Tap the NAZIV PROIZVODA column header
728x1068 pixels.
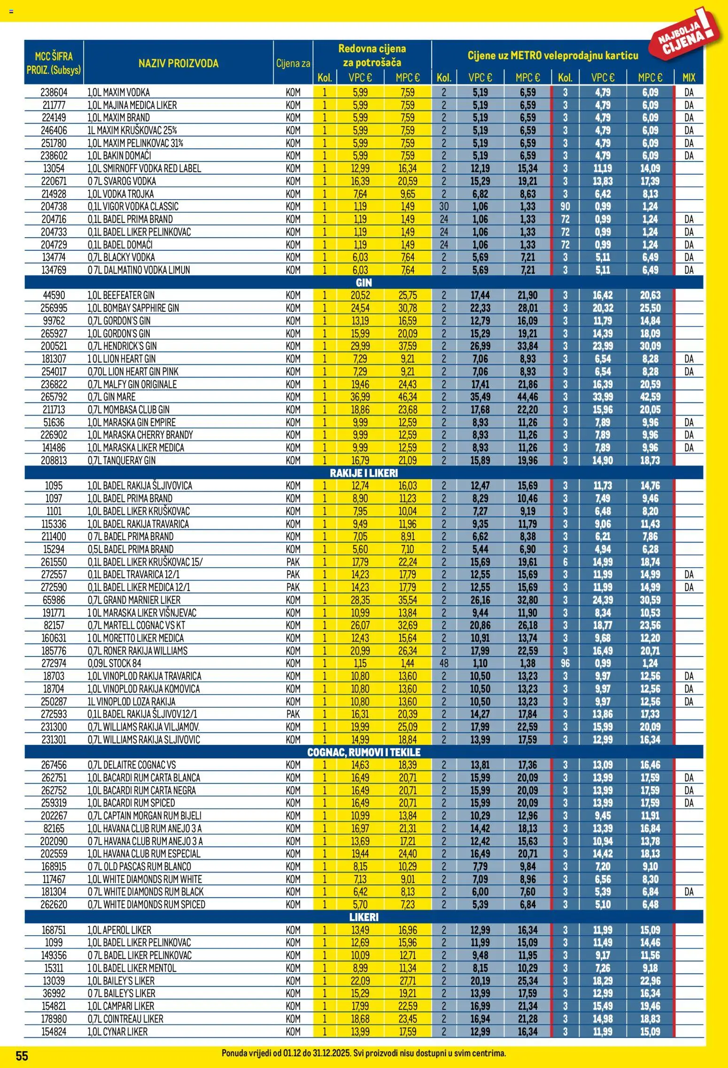(x=178, y=63)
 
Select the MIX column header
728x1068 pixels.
(x=689, y=77)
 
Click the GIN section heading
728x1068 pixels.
(x=364, y=283)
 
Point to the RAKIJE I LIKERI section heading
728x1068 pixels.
(x=364, y=473)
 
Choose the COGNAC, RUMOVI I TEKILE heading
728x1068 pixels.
(x=364, y=752)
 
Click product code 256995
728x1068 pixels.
(x=54, y=308)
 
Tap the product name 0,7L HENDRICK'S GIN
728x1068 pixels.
(x=122, y=346)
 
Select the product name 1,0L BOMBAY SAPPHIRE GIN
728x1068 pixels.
(x=133, y=308)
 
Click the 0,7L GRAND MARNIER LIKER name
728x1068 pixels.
(x=134, y=600)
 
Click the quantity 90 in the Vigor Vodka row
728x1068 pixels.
(x=565, y=207)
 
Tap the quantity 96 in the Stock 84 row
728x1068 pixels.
(x=565, y=663)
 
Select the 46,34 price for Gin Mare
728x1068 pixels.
(x=407, y=397)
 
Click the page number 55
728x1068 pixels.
(x=22, y=1056)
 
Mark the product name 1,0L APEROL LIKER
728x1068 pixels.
(x=119, y=930)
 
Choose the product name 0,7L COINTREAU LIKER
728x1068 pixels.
(x=125, y=1019)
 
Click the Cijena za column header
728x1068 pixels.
(x=293, y=63)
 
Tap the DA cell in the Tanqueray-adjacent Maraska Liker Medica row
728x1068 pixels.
(x=689, y=448)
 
